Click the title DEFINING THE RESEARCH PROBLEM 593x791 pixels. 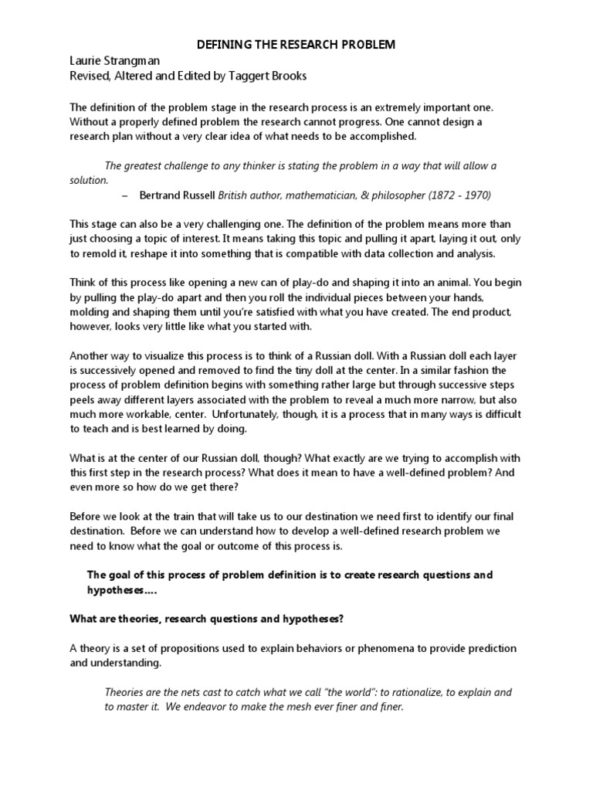point(296,45)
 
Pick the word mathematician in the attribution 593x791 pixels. point(303,195)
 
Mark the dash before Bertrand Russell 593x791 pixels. point(125,195)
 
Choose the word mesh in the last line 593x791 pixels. point(281,707)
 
